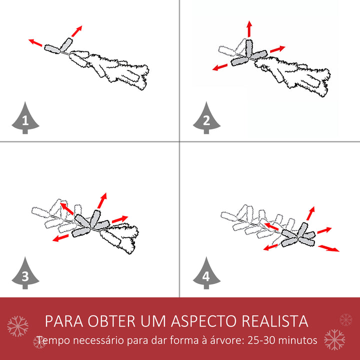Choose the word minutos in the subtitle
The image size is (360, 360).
(298, 340)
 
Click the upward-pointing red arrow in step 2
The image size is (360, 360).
(249, 29)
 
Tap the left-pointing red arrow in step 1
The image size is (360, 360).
(35, 42)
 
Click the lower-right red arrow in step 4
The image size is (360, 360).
(328, 248)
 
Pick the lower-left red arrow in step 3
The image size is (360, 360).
(61, 238)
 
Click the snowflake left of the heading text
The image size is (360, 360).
(17, 326)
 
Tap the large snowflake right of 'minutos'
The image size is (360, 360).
(334, 339)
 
